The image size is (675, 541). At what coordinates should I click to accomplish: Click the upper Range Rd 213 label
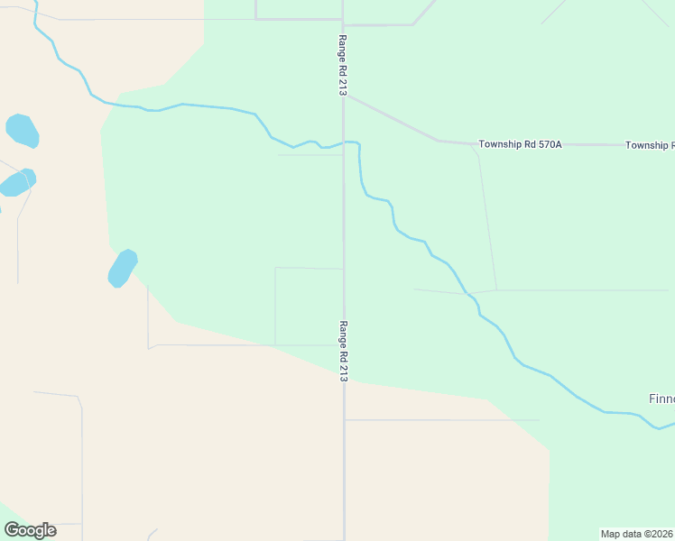(x=343, y=65)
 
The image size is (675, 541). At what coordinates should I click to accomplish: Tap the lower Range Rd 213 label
(x=344, y=352)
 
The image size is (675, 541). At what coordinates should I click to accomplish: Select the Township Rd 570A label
(x=520, y=144)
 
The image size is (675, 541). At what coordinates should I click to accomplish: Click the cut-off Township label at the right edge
(x=650, y=145)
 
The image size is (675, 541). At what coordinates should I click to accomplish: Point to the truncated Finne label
(x=661, y=399)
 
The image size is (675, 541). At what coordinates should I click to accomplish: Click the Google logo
(x=31, y=530)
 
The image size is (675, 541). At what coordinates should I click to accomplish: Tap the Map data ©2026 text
(x=637, y=534)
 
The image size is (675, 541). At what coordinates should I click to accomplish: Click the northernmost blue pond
(x=23, y=131)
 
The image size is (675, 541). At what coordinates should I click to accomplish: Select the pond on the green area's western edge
(x=122, y=268)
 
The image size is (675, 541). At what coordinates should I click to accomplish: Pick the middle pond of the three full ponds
(x=18, y=183)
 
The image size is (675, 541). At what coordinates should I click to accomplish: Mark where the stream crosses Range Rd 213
(x=343, y=142)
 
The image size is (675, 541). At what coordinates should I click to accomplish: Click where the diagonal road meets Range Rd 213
(x=344, y=94)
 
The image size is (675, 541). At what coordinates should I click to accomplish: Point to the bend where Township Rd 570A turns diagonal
(x=439, y=141)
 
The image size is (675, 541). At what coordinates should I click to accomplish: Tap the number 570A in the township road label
(x=546, y=144)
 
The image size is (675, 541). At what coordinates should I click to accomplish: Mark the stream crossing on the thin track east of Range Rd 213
(x=467, y=293)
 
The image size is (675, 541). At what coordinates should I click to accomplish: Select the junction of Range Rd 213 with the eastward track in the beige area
(x=344, y=419)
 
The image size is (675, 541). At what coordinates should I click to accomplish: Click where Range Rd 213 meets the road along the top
(x=343, y=20)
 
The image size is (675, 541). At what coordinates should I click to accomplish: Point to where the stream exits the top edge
(x=35, y=3)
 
